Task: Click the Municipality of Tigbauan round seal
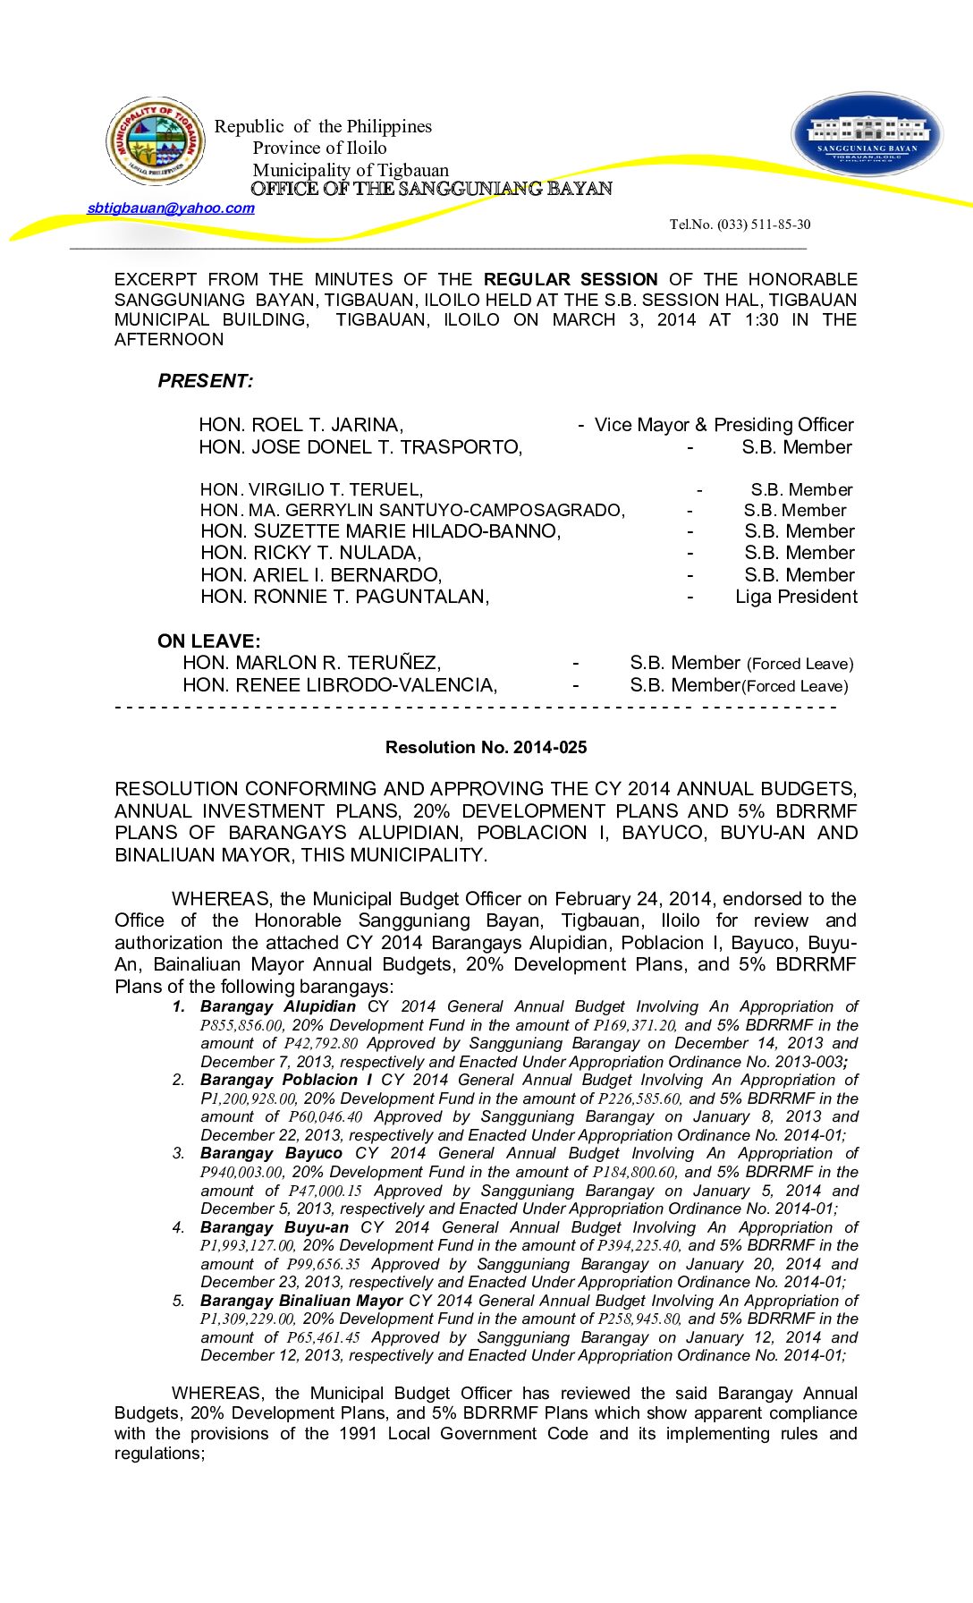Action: click(156, 141)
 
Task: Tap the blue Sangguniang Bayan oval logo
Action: click(867, 134)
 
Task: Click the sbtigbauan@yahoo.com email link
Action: click(171, 208)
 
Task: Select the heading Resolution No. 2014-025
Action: click(486, 748)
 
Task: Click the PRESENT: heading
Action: click(205, 381)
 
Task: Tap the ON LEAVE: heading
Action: click(208, 641)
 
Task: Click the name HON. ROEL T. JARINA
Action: click(300, 425)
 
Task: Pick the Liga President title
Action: click(796, 597)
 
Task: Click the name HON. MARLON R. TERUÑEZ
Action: click(311, 663)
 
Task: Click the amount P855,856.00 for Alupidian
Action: click(241, 1026)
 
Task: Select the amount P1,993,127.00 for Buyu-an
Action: click(247, 1246)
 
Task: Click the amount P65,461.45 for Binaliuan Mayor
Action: click(323, 1338)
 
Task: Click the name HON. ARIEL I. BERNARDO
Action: click(320, 575)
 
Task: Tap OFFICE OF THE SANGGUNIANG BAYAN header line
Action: click(431, 189)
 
